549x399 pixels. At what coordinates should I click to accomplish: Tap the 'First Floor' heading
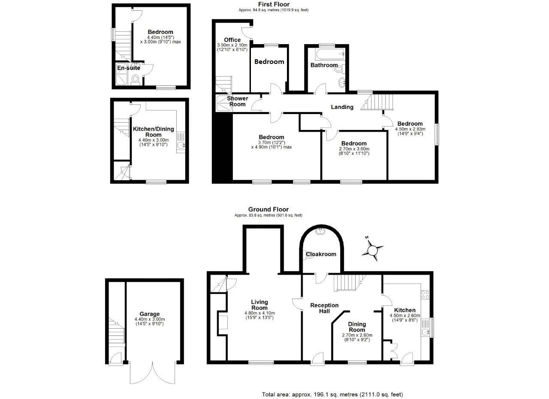[273, 4]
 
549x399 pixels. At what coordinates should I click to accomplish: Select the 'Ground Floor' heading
[268, 210]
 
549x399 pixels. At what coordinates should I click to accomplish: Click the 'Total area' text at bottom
[332, 394]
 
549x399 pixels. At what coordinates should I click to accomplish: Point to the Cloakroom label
[321, 254]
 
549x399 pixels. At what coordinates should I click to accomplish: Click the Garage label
[149, 314]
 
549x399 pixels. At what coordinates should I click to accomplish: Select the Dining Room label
[357, 327]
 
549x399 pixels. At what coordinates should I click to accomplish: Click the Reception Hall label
[324, 308]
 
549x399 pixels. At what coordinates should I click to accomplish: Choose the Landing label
[342, 107]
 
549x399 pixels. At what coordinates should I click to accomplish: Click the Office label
[232, 40]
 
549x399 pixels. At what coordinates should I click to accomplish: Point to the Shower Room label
[237, 101]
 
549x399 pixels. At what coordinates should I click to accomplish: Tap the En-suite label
[129, 68]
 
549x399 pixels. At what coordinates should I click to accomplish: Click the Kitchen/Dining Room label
[153, 132]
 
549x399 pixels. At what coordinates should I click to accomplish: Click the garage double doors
[152, 372]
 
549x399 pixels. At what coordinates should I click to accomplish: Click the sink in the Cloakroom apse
[320, 232]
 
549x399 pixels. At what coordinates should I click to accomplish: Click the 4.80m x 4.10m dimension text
[259, 313]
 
